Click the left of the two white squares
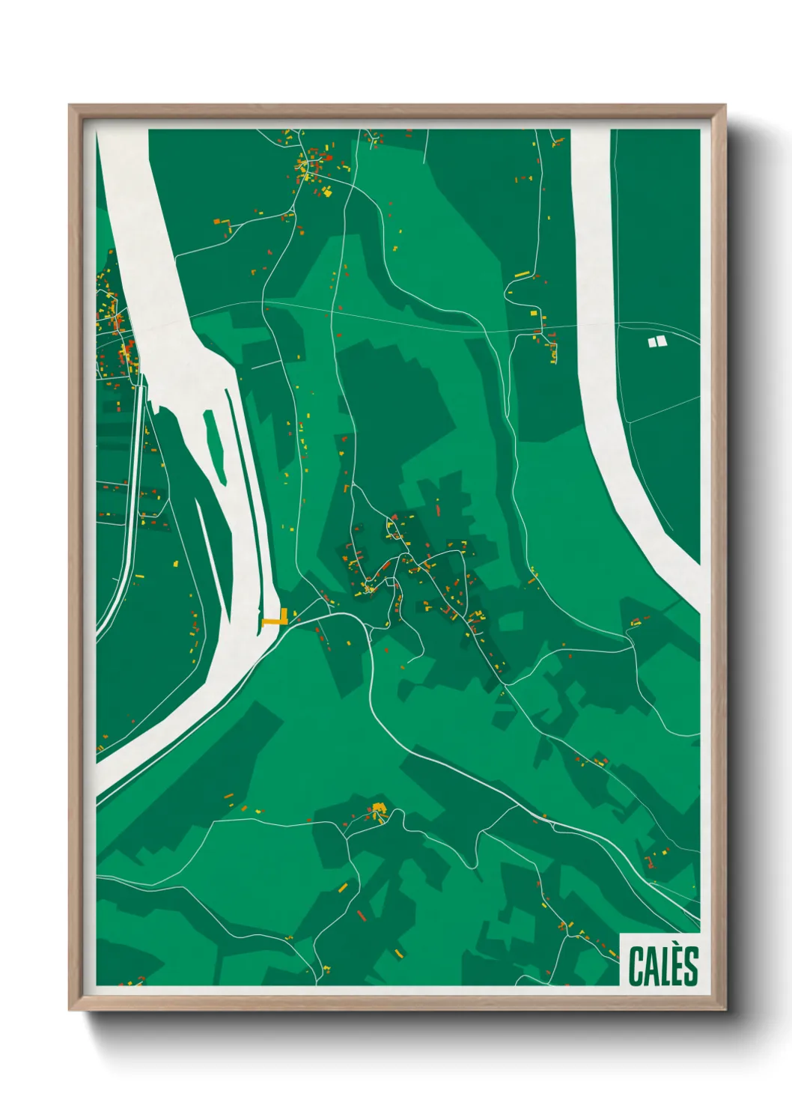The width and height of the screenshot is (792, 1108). tap(651, 342)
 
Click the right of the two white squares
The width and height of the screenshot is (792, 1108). tap(661, 341)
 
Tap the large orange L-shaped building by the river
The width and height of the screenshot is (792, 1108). tap(276, 618)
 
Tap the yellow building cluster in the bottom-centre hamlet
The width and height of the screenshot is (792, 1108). tap(377, 809)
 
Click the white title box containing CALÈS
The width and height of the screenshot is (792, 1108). tap(660, 959)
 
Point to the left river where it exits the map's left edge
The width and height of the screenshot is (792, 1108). tap(105, 779)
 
